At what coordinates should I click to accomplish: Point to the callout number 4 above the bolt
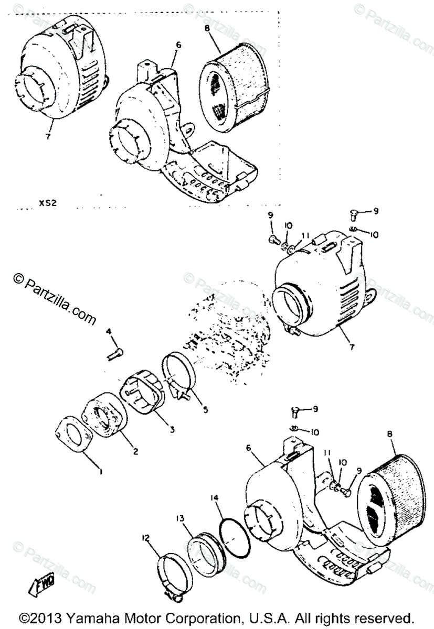point(109,331)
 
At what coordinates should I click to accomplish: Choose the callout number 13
point(179,518)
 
